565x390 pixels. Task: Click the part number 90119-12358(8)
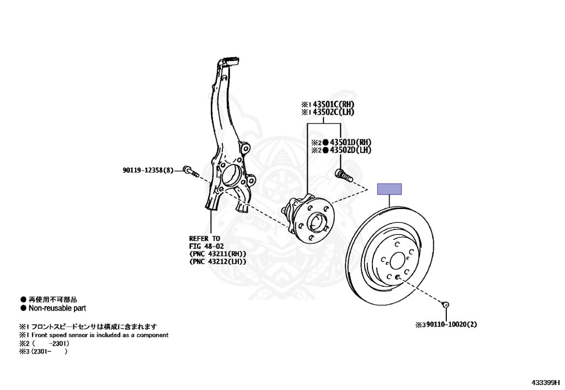(x=148, y=170)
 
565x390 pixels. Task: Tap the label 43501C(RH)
(x=333, y=104)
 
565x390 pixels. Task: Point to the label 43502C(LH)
(x=333, y=112)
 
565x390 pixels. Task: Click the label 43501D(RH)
(x=350, y=142)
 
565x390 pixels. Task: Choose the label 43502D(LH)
(x=350, y=149)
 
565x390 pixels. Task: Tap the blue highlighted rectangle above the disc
(x=389, y=189)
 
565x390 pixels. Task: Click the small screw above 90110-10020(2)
(x=445, y=304)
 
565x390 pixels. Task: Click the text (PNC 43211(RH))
(x=217, y=254)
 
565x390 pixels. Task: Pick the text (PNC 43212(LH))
(x=217, y=261)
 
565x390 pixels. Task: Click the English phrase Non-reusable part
(x=57, y=308)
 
